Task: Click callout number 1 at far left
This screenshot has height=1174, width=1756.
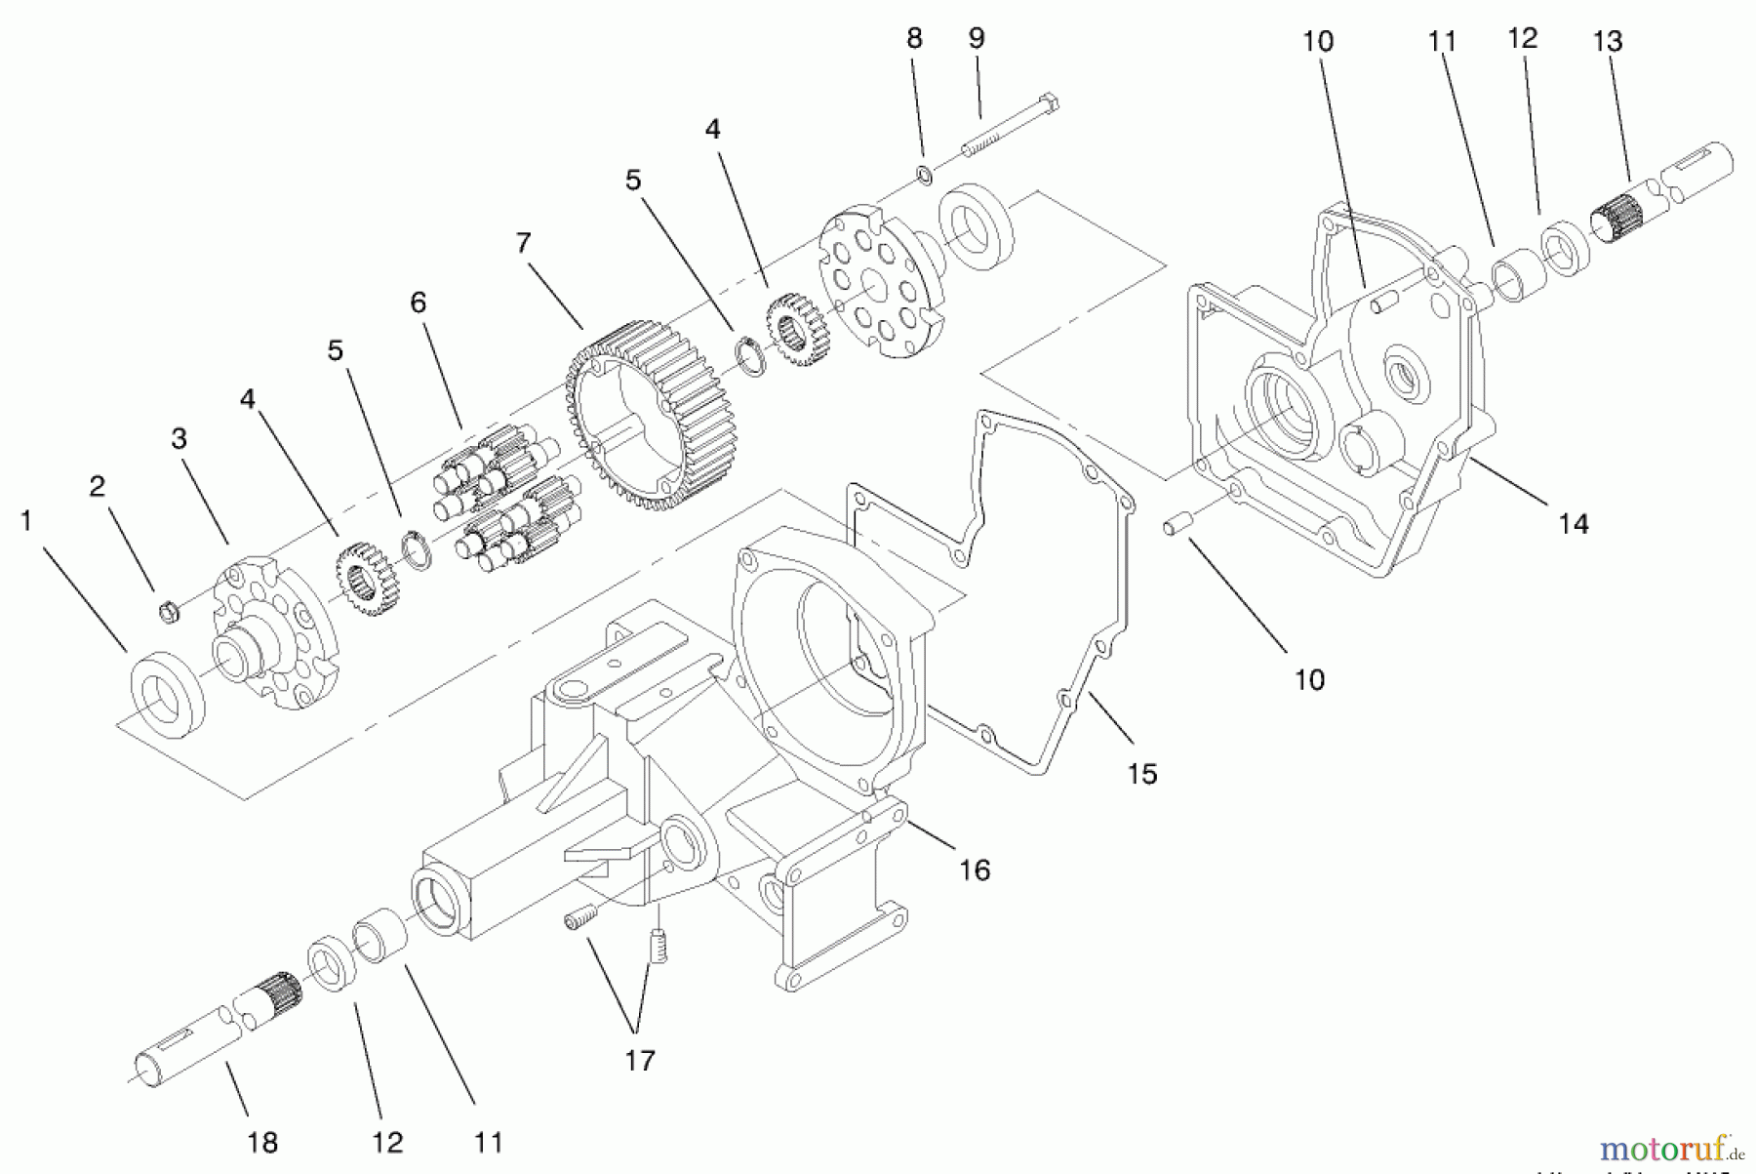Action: (x=26, y=521)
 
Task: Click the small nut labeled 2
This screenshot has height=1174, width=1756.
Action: (x=169, y=613)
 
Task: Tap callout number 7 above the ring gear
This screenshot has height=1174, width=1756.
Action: (x=523, y=243)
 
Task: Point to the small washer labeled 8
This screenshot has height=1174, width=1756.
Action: (x=923, y=176)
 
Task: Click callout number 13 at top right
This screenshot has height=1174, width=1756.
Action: (x=1607, y=41)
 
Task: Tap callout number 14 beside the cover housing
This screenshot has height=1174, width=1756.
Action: (x=1573, y=524)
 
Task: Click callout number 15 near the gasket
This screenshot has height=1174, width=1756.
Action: (x=1141, y=774)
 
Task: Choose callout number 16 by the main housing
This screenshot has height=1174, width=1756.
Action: (x=975, y=870)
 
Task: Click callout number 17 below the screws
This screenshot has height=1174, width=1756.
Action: (x=639, y=1060)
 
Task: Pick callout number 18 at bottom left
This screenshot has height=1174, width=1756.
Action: (x=262, y=1142)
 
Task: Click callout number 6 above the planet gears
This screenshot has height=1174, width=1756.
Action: (x=418, y=303)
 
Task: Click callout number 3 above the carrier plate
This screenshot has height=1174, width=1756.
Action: (x=179, y=439)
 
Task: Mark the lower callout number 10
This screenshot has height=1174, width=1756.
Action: (x=1308, y=679)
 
